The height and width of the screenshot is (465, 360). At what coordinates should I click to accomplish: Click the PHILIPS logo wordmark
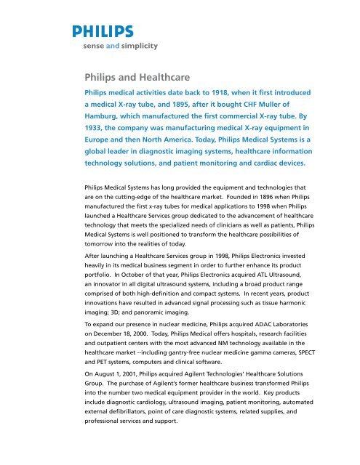tap(103, 31)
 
